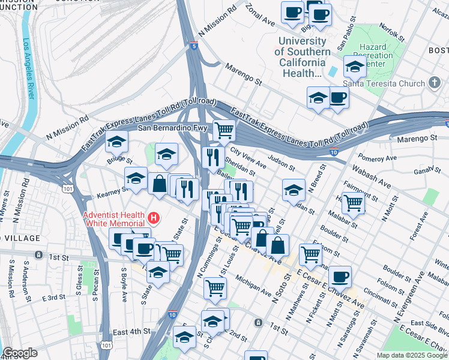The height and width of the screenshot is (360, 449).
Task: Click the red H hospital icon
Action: point(155,217)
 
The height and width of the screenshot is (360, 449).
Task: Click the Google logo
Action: point(20,353)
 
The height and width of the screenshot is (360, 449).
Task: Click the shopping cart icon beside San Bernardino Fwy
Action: point(224,128)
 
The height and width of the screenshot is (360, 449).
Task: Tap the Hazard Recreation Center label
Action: point(376,55)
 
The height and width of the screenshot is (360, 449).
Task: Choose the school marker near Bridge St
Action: point(117,142)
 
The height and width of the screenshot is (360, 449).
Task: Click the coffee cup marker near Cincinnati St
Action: point(340,276)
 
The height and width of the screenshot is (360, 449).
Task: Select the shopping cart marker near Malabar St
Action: point(353,203)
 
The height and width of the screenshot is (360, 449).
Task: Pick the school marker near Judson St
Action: point(292,190)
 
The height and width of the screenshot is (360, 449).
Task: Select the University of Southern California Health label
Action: point(303,57)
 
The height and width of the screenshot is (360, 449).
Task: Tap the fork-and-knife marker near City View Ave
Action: point(213,157)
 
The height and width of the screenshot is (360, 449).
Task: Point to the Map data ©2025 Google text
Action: point(411,355)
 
